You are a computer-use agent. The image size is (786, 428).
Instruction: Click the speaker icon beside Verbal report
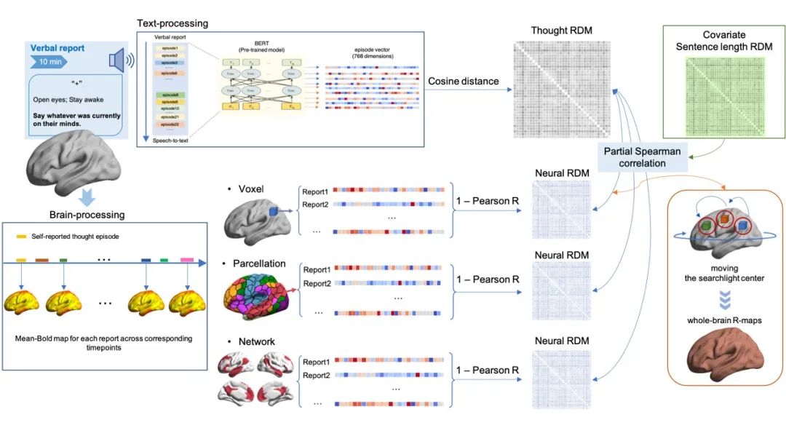click(x=119, y=60)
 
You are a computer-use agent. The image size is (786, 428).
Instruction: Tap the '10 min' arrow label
click(x=49, y=63)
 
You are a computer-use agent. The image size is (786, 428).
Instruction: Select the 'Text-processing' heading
click(x=172, y=23)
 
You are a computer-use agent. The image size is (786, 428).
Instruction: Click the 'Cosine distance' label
click(x=464, y=81)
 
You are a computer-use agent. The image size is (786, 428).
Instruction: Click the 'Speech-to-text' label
click(x=170, y=140)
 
